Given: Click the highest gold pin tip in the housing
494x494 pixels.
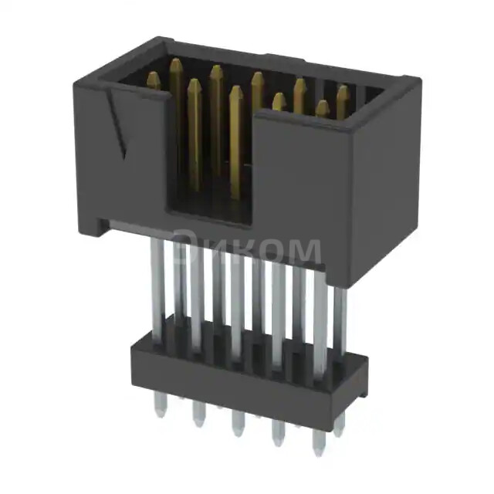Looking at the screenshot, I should (x=176, y=63).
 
